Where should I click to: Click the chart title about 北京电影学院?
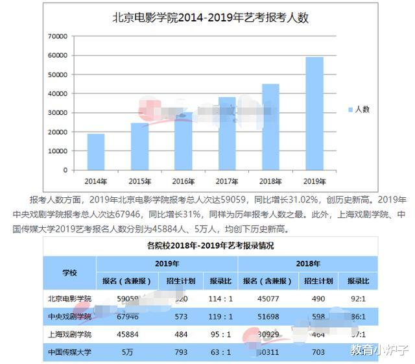(x=211, y=18)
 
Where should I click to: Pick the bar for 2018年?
(x=270, y=127)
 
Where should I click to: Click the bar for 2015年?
(x=139, y=147)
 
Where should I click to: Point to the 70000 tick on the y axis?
(x=57, y=36)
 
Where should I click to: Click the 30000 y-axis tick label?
(x=57, y=113)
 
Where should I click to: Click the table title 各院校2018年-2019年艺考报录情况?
(x=211, y=246)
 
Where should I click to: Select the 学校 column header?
(x=69, y=273)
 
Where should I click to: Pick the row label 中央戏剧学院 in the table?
(x=69, y=316)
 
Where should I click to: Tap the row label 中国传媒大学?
(x=69, y=352)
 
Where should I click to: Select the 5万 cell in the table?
(x=127, y=352)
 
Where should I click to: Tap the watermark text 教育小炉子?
(x=379, y=350)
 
